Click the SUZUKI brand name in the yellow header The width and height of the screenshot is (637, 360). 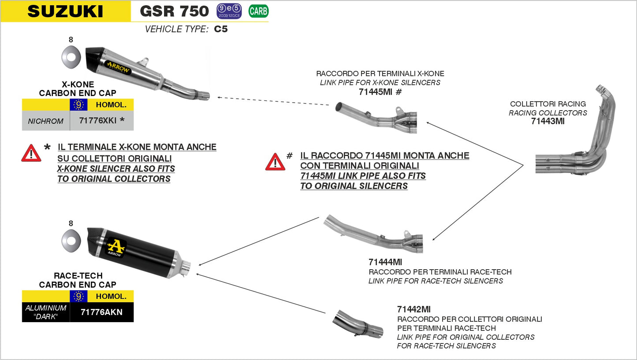[65, 11]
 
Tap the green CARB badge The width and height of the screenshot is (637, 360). [258, 11]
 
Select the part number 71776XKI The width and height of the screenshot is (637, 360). [98, 121]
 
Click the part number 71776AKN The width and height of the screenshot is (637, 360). [101, 312]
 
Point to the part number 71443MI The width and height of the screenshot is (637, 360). [548, 122]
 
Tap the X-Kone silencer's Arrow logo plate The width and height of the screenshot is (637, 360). [118, 67]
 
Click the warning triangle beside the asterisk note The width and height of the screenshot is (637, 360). [31, 153]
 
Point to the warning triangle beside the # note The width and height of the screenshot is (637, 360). [275, 162]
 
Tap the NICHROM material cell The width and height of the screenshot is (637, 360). [46, 121]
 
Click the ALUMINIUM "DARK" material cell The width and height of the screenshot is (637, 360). [46, 312]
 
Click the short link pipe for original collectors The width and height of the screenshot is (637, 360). [358, 325]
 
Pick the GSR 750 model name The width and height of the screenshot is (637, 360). [174, 11]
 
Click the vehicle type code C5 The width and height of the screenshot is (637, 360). [221, 30]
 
